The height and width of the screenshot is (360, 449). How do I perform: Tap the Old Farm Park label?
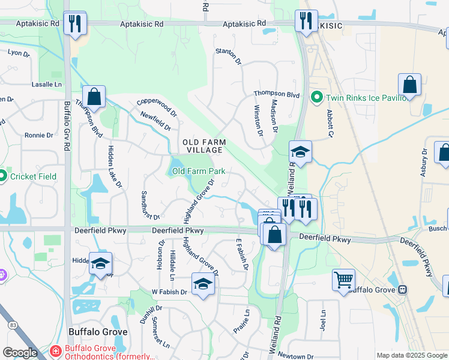[x=199, y=171]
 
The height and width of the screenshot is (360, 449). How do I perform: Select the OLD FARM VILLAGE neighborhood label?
[x=205, y=146]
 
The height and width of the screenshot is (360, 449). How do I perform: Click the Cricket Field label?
[x=32, y=176]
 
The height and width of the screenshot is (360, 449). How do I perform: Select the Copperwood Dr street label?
[x=157, y=108]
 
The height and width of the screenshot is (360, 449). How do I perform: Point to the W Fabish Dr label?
[x=170, y=292]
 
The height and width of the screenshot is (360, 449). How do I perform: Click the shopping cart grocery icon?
[x=343, y=280]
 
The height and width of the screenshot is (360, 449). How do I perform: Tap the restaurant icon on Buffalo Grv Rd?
[x=76, y=23]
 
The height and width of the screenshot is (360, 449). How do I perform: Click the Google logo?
[x=20, y=353]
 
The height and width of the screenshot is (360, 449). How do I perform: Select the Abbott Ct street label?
[x=330, y=122]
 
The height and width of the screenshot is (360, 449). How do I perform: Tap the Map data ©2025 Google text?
[x=411, y=355]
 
